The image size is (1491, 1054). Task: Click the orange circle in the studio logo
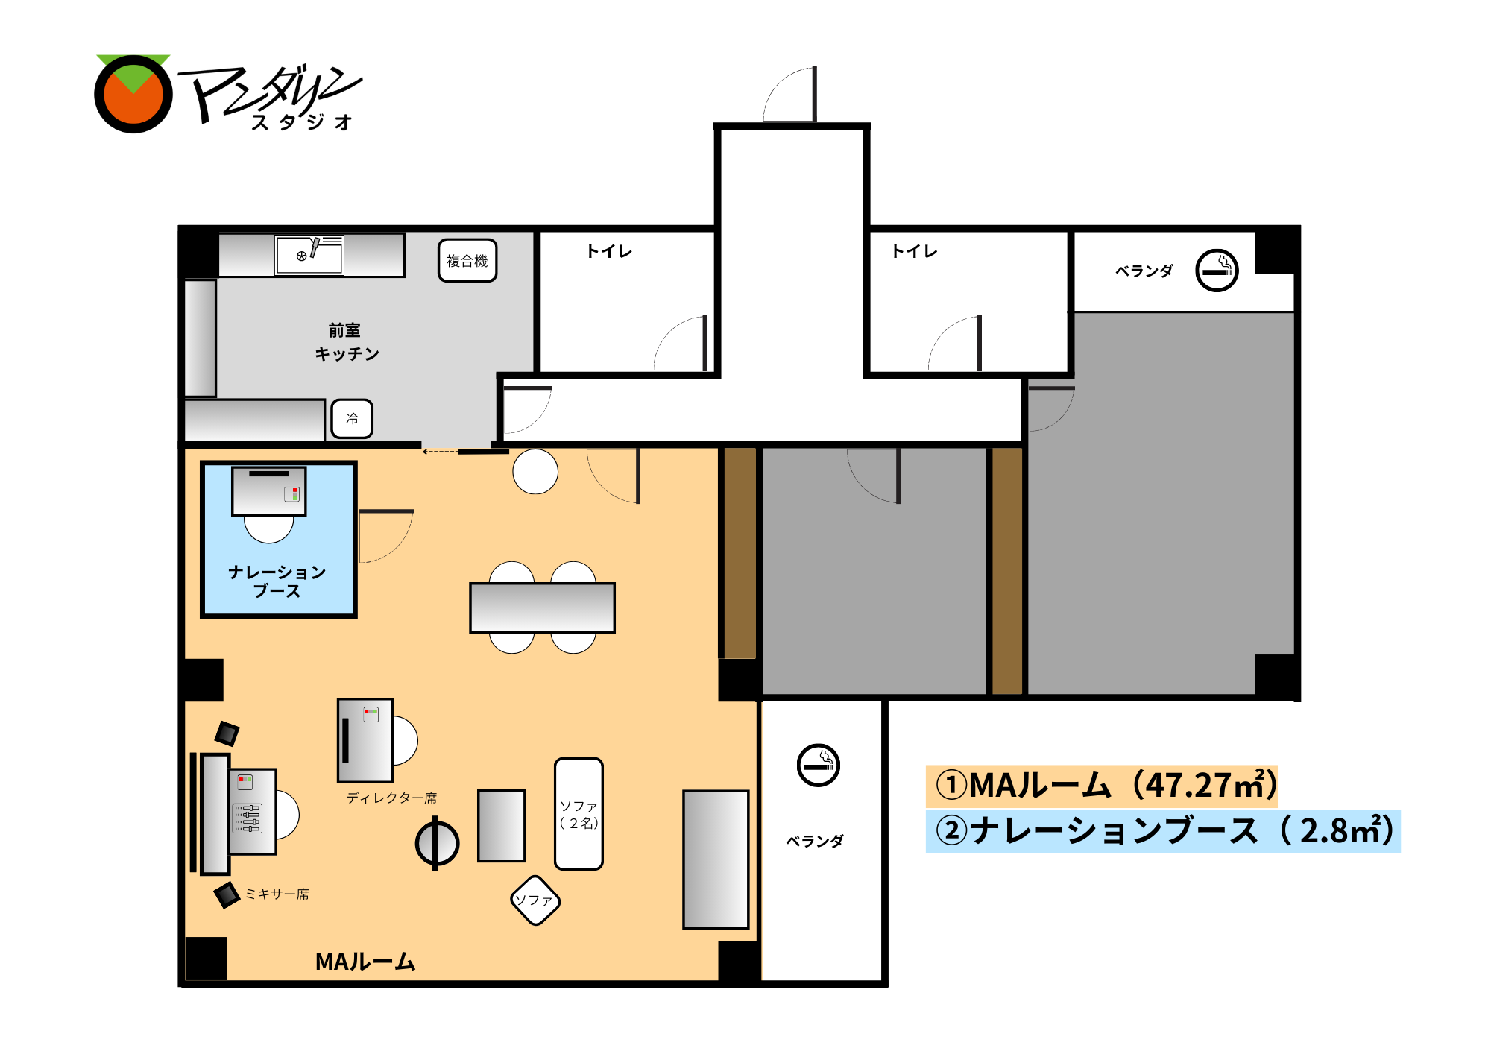133,94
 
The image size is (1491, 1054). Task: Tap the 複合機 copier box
467,260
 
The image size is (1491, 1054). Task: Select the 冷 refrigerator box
352,418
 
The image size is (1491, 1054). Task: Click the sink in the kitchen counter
309,255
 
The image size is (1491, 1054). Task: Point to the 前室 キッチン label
347,341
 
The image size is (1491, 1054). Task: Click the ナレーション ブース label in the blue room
277,581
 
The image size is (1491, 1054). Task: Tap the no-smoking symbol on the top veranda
1217,270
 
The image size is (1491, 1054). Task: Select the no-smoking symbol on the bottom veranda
819,765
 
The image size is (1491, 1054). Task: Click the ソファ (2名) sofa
579,814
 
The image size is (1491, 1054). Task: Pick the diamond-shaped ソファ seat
535,900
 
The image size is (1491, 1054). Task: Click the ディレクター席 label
391,798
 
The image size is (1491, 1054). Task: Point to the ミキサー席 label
277,894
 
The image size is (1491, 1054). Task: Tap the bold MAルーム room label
365,962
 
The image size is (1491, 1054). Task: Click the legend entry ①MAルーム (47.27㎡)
1102,786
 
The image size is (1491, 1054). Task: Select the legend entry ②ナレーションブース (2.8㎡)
1163,831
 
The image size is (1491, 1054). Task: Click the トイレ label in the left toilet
609,251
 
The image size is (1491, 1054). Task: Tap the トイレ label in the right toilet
914,251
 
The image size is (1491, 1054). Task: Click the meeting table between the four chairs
542,608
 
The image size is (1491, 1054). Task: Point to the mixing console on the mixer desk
248,818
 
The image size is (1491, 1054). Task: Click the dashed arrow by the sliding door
441,452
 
